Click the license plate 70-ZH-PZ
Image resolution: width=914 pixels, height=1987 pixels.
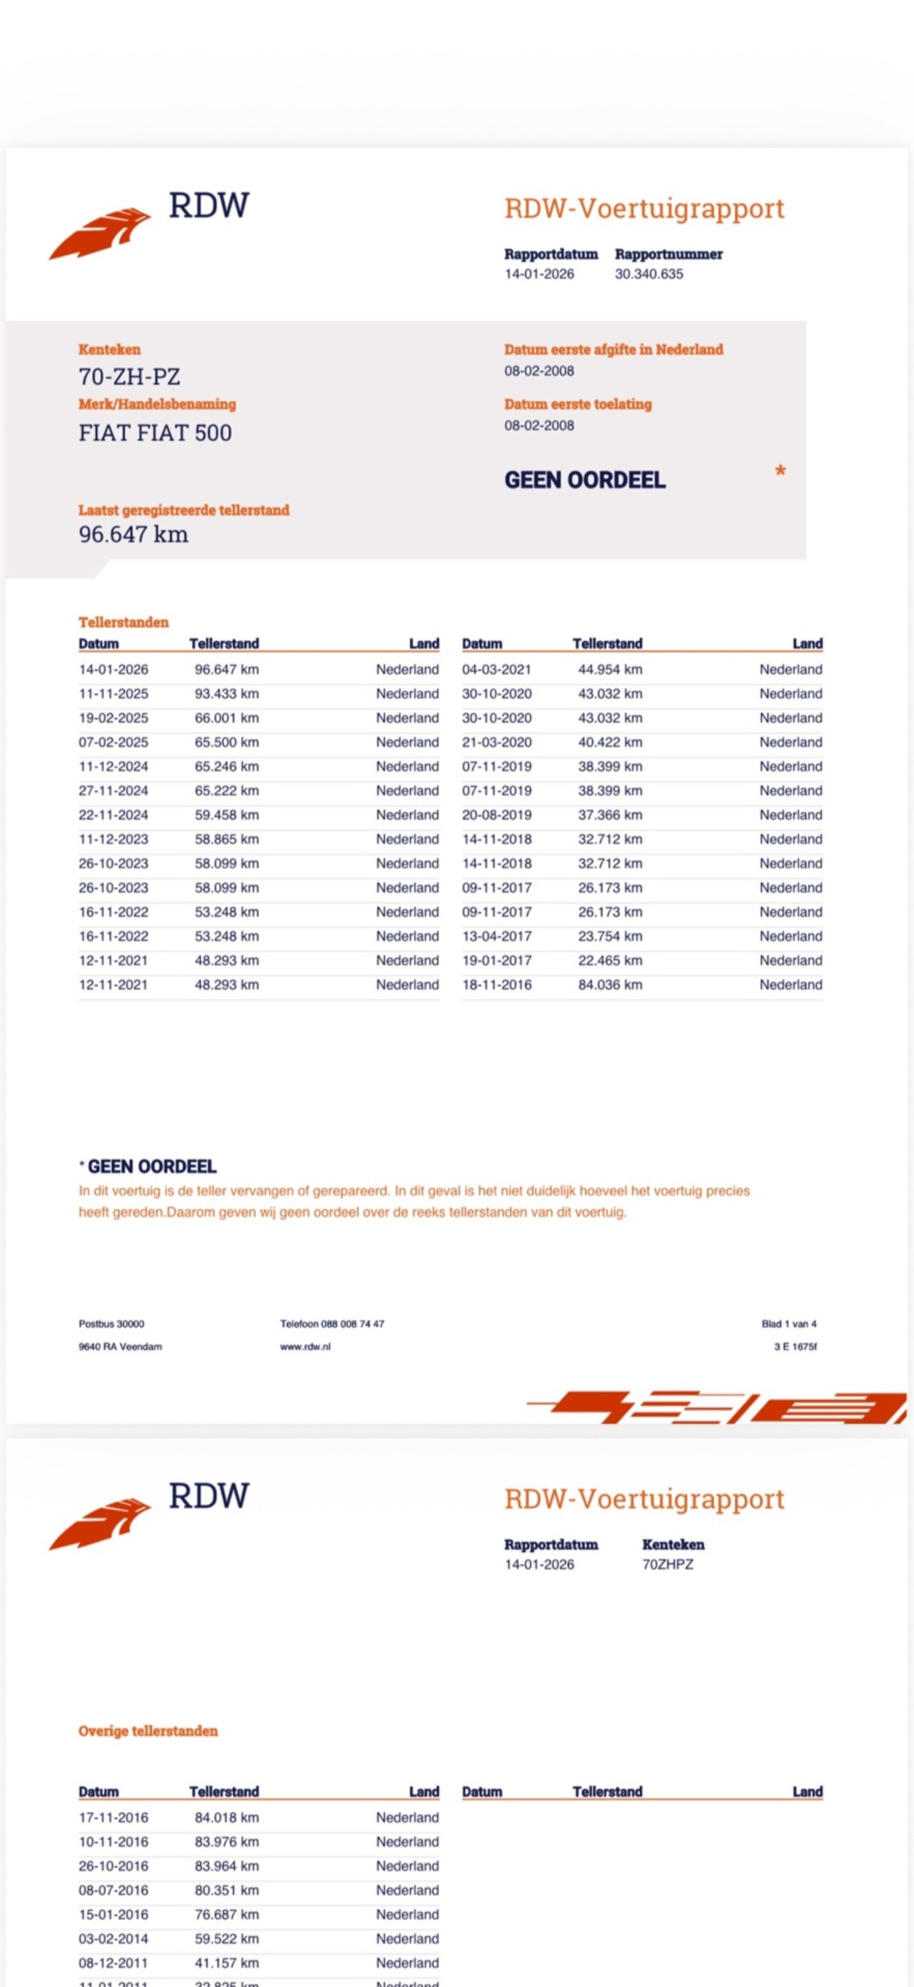pos(129,376)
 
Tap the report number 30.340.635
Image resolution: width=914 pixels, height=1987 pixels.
pos(648,274)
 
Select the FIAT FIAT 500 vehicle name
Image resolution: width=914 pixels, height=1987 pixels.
pos(155,433)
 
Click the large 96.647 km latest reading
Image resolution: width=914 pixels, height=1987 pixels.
pos(134,534)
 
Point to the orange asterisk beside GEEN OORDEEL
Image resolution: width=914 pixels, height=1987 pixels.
pos(780,471)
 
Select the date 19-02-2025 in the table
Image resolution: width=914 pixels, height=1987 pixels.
pos(114,717)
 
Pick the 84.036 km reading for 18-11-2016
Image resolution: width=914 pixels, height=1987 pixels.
pos(609,984)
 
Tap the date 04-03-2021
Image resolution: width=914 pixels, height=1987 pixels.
pos(497,669)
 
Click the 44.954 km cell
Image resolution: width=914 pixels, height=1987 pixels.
pos(609,669)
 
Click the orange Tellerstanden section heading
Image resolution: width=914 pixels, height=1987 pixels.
pos(124,621)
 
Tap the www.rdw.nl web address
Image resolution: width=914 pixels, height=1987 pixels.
pos(306,1347)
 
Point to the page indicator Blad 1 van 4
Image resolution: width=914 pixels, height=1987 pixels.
pos(788,1323)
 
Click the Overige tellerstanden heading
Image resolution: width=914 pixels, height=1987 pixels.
pos(148,1731)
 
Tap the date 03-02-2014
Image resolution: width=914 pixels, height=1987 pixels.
pos(114,1938)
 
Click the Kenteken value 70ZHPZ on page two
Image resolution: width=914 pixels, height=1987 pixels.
pos(667,1564)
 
